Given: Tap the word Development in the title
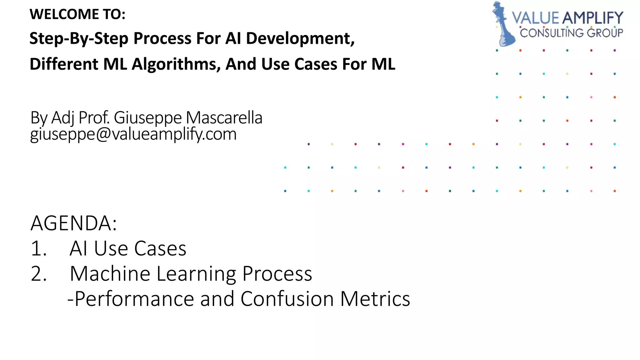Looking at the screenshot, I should pos(300,38).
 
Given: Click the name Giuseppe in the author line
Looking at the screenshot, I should pos(147,118).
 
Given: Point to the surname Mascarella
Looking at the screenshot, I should pos(224,118).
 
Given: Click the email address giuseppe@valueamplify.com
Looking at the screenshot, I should pos(133,134).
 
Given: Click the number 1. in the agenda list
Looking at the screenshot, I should pos(39,249).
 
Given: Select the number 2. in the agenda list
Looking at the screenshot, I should pos(39,274).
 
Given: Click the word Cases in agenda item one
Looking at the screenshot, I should pos(160,249).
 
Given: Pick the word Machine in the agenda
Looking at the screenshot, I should pos(110,274).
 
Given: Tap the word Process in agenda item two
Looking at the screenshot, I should pos(277,274).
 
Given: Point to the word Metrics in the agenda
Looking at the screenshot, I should pos(375,299).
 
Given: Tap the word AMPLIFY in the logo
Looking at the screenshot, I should pos(592,18).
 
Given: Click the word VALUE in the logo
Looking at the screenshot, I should pos(535,18).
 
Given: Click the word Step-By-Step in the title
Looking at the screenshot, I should pos(79,38).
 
